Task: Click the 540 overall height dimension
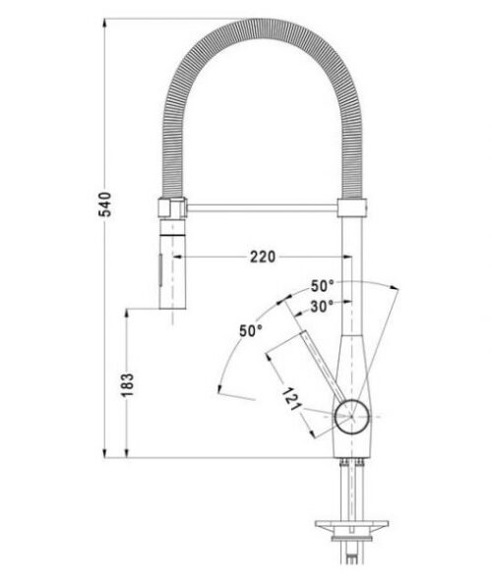click(105, 204)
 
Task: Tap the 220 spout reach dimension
click(263, 257)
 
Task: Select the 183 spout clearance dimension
click(127, 384)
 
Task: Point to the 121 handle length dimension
click(291, 399)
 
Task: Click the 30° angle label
click(322, 306)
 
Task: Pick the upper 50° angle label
click(322, 286)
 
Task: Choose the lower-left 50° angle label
click(251, 330)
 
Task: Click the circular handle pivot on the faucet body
click(352, 417)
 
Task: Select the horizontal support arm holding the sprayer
click(262, 208)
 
